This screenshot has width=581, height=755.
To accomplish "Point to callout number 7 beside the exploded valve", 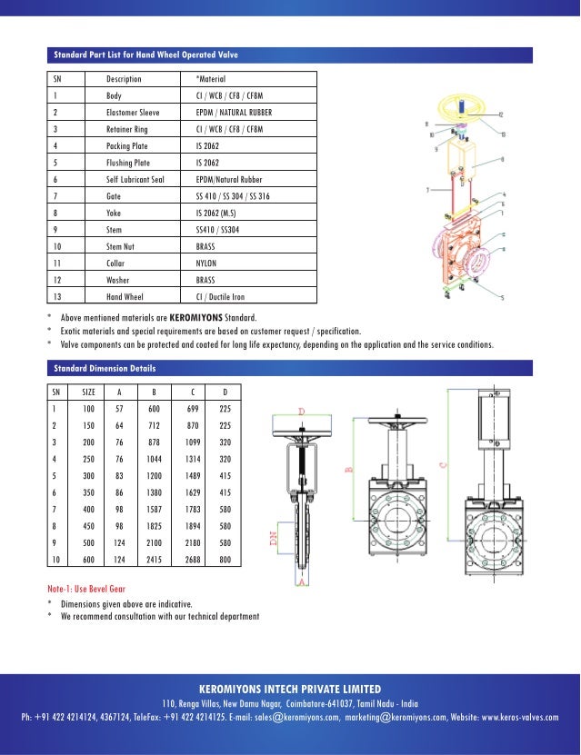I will tap(427, 190).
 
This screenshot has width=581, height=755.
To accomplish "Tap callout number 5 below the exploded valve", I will tap(502, 296).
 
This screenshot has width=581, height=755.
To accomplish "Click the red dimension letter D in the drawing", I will tap(301, 411).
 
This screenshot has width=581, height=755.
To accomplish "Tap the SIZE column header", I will tap(88, 392).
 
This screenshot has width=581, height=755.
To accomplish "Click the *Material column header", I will tap(201, 79).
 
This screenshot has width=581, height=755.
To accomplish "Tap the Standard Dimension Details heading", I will tap(104, 369).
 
